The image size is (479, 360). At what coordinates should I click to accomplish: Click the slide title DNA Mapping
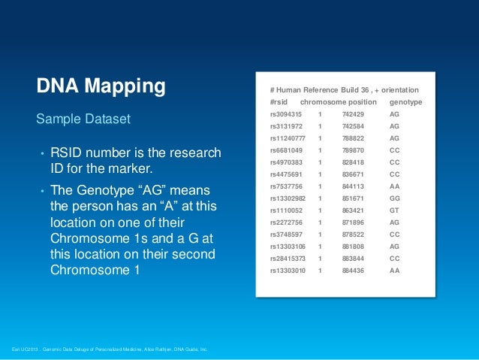[101, 86]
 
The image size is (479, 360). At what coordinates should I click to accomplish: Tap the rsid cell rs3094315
[286, 114]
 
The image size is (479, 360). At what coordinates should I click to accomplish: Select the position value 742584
[353, 126]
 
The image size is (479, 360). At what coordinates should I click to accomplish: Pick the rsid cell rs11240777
[288, 138]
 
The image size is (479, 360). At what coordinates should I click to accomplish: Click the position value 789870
[353, 150]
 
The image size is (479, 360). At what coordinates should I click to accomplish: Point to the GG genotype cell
[395, 198]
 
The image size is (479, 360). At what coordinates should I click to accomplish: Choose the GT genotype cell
[395, 210]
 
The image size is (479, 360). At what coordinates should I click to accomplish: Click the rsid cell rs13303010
[288, 270]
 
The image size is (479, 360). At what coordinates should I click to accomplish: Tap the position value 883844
[353, 258]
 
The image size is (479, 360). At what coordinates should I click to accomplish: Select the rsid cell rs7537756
[286, 186]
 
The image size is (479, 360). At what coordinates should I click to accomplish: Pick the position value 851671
[353, 198]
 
